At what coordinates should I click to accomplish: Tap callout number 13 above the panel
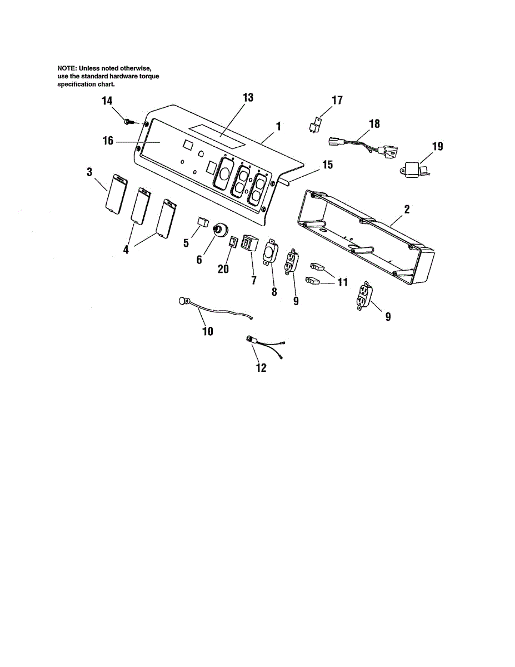(x=248, y=97)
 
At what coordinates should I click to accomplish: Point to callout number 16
(x=108, y=141)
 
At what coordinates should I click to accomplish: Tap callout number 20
(x=223, y=268)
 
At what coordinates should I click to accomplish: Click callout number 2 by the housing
(x=407, y=210)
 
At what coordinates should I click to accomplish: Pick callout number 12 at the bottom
(x=261, y=367)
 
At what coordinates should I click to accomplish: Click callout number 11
(x=342, y=282)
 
